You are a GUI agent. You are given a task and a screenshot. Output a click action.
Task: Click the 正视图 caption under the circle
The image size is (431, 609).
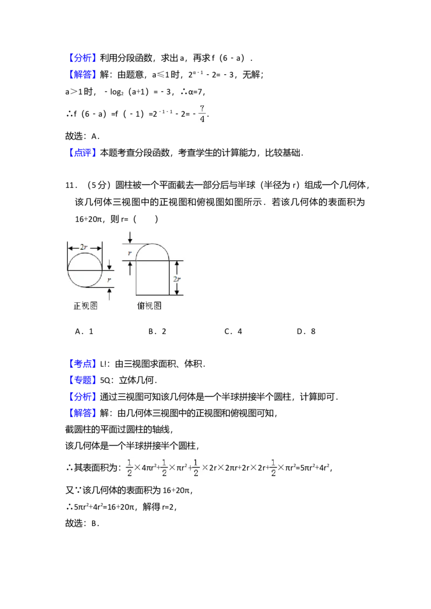click(x=85, y=306)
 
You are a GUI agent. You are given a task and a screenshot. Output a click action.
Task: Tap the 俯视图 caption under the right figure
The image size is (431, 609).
click(x=149, y=306)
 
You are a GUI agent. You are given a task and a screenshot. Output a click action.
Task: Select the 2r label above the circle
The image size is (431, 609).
click(x=85, y=247)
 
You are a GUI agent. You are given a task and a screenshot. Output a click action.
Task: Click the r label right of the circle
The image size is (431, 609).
click(x=110, y=279)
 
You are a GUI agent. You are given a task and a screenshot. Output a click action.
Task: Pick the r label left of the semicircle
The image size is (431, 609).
click(x=129, y=252)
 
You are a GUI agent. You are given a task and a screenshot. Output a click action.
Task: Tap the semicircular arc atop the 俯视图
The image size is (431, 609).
click(x=152, y=245)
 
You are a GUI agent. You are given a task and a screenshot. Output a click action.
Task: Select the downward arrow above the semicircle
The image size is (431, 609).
click(x=129, y=236)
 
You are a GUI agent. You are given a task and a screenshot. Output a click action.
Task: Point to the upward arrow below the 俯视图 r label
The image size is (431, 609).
click(x=129, y=267)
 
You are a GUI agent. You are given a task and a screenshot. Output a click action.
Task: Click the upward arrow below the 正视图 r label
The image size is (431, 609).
click(x=110, y=293)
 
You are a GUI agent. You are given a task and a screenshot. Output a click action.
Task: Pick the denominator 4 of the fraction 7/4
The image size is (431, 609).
click(x=203, y=119)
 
